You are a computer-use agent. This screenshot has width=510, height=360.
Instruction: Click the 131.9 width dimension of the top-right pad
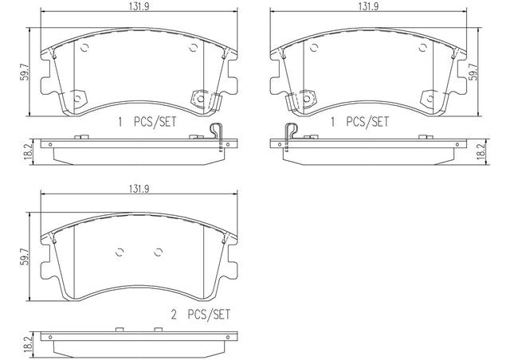pos(368,7)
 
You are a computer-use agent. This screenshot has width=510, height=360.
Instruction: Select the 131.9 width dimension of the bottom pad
pos(139,189)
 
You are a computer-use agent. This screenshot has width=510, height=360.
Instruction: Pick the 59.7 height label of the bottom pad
pos(25,256)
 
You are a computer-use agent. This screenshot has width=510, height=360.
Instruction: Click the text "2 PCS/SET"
pos(201,315)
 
